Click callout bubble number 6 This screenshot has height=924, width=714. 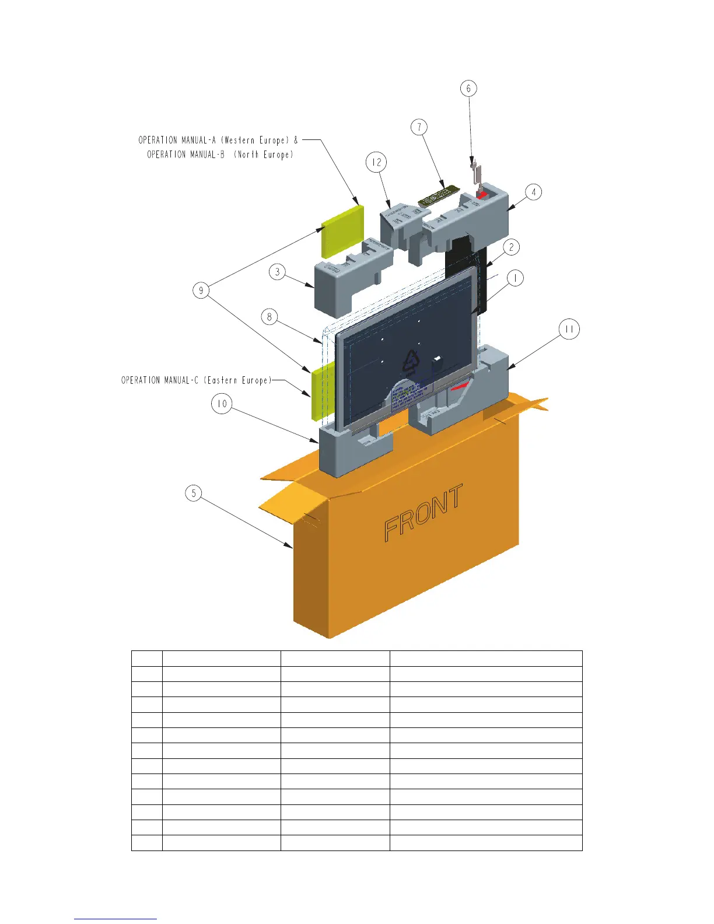(x=468, y=89)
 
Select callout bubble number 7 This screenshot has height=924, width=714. (x=419, y=127)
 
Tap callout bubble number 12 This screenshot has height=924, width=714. (x=377, y=163)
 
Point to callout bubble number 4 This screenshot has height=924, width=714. (x=533, y=192)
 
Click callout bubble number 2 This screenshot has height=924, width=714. (x=512, y=247)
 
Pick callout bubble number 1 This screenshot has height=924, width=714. (x=515, y=278)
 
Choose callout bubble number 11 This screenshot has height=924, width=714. (x=569, y=330)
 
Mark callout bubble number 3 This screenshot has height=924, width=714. (x=278, y=272)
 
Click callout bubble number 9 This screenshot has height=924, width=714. (x=201, y=290)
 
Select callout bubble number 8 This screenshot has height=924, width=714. (x=269, y=317)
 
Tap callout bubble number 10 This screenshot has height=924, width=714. (x=222, y=404)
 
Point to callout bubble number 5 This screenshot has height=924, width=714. (x=194, y=494)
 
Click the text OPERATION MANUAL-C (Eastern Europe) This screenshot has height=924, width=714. (x=196, y=380)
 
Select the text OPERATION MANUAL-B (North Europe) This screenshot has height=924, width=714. (x=220, y=155)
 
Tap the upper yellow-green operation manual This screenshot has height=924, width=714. (x=342, y=232)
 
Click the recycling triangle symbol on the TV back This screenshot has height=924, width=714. (x=412, y=362)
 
